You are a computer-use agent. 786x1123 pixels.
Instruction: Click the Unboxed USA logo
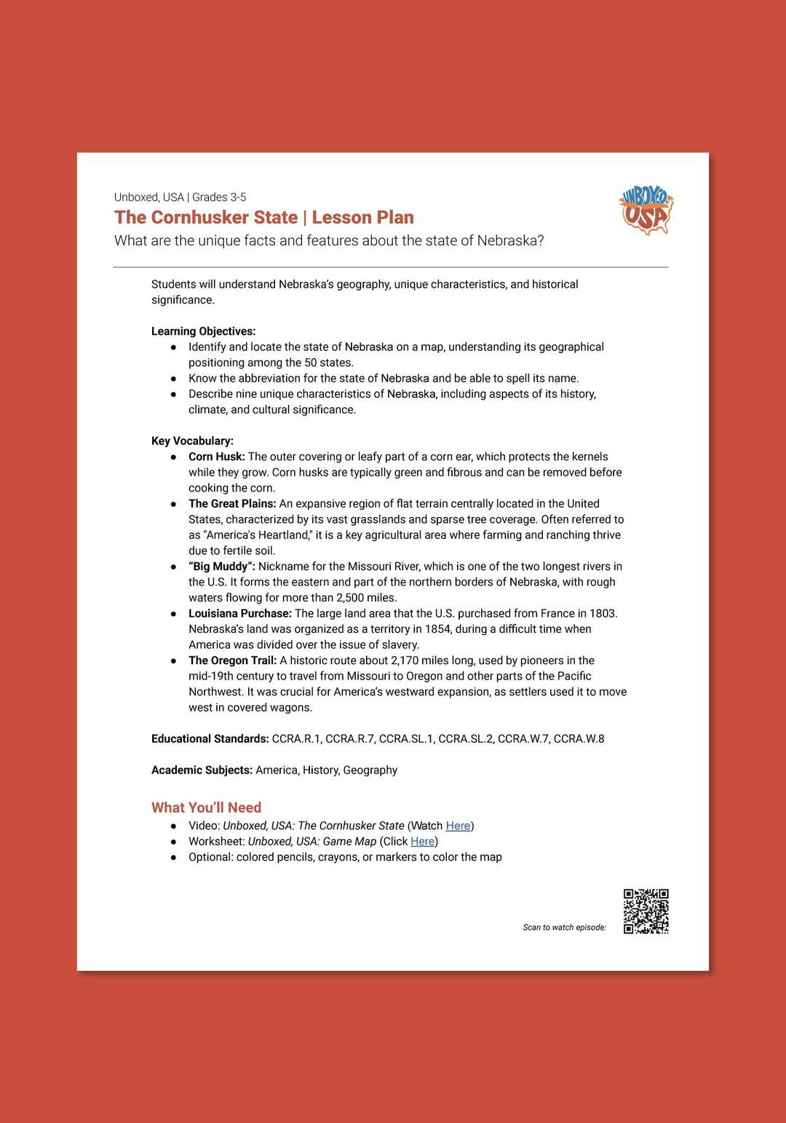646,210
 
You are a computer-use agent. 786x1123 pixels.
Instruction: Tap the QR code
646,911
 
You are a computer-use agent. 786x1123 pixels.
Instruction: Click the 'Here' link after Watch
458,826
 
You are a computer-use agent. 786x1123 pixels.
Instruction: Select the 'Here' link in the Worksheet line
422,841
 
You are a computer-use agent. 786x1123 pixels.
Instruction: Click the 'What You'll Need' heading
206,808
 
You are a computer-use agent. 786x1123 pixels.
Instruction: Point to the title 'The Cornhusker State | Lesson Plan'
263,218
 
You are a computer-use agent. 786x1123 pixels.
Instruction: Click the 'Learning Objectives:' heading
203,331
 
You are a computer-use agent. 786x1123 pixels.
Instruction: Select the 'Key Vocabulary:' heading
192,441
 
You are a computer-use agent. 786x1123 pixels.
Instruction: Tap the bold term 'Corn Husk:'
216,457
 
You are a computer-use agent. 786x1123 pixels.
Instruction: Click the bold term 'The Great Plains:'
232,503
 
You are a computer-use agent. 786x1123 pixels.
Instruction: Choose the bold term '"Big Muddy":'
221,567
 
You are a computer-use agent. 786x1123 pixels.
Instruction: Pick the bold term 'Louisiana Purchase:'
239,613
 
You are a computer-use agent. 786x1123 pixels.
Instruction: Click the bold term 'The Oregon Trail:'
232,661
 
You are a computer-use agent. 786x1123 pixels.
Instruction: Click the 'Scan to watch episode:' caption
564,927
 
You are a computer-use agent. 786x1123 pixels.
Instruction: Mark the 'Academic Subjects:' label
202,770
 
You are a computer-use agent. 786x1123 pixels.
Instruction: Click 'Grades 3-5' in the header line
219,197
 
